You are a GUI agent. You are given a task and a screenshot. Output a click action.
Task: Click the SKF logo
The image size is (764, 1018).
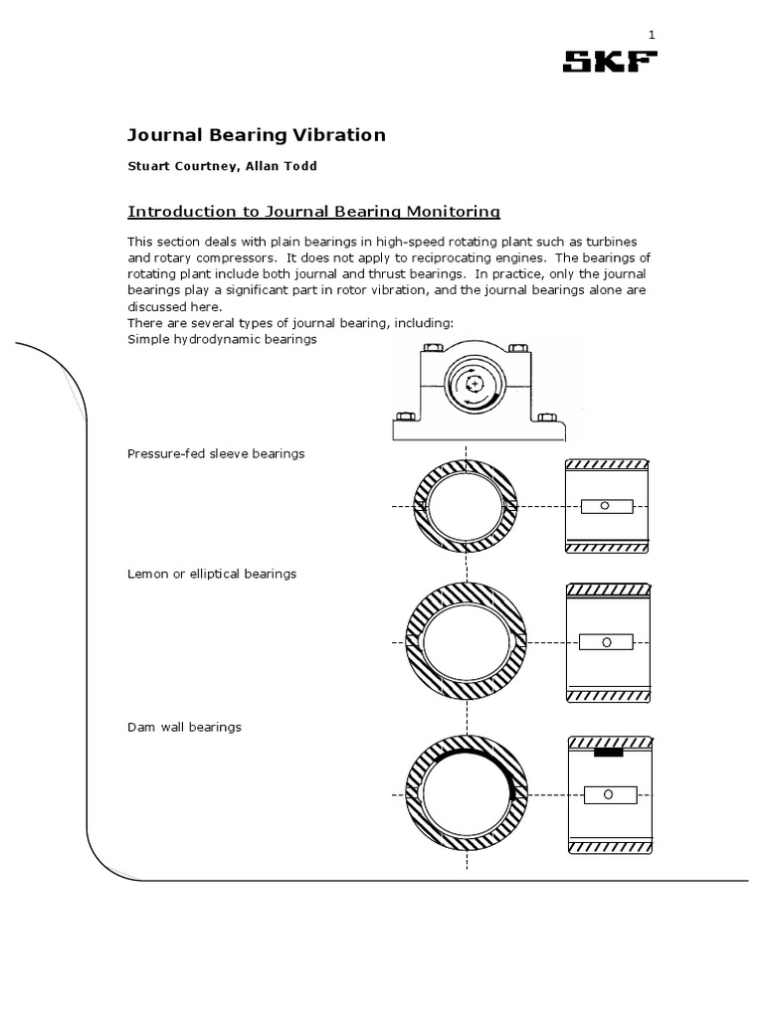pos(610,63)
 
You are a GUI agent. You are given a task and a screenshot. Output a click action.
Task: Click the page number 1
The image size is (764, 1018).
pos(652,35)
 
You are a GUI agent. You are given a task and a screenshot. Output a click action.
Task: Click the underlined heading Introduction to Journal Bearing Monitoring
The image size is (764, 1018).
pos(314,211)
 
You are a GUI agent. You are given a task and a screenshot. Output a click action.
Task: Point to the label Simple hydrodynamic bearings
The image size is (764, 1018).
pos(222,339)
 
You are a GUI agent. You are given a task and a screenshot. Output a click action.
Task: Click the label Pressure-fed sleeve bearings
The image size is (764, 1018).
pos(216,453)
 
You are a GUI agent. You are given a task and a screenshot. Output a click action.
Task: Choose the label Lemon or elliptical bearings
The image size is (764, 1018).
pos(212,574)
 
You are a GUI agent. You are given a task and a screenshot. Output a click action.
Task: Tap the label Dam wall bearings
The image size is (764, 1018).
pos(185,727)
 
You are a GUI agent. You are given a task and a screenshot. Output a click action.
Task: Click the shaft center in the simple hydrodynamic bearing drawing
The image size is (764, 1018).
pos(476,384)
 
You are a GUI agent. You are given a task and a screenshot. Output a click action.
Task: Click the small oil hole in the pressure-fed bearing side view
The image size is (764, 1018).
pos(603,506)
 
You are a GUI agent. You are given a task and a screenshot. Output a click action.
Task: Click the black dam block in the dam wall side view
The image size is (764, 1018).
pos(608,753)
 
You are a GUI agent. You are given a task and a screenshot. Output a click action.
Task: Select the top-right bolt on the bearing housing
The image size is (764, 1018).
pos(517,347)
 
